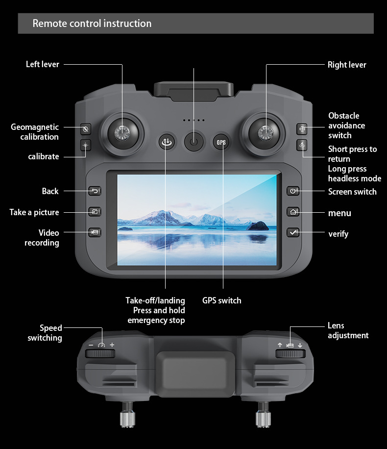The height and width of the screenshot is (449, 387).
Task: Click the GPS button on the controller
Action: tap(222, 142)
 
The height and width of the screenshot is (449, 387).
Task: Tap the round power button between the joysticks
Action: tap(193, 142)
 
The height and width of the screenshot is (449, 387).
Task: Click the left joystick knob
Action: tap(122, 131)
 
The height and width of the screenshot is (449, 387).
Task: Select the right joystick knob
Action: tap(266, 131)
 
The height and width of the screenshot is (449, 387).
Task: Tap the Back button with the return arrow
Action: tap(95, 191)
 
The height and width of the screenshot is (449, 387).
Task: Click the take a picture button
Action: tap(95, 212)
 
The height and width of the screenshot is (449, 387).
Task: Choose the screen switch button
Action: tap(293, 191)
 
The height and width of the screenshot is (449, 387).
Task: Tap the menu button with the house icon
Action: tap(293, 212)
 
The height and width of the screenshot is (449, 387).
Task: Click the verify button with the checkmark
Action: tap(293, 233)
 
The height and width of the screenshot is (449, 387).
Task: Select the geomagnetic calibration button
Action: tap(86, 129)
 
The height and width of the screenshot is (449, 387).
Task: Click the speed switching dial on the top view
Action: tap(101, 354)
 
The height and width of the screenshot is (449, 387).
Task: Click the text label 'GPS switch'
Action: tap(222, 300)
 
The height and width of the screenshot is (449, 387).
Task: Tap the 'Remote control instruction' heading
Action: tap(92, 24)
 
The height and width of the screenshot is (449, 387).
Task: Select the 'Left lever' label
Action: tap(43, 64)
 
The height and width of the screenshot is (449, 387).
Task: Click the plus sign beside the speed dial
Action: tap(112, 345)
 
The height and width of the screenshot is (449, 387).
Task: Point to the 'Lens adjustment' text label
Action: tap(348, 330)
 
